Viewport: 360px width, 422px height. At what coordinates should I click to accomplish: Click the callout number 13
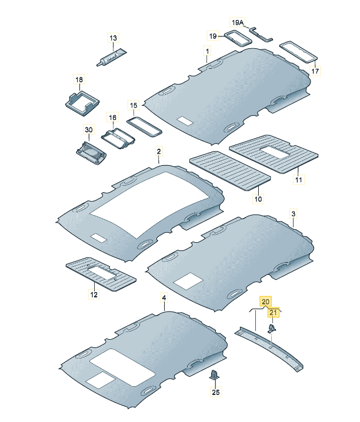pyautogui.click(x=114, y=38)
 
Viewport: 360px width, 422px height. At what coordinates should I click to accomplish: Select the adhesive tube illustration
pyautogui.click(x=111, y=58)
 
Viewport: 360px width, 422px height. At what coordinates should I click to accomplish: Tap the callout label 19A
pyautogui.click(x=237, y=22)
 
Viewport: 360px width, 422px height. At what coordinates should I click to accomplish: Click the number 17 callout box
pyautogui.click(x=315, y=71)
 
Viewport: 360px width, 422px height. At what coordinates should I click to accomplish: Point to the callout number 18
pyautogui.click(x=79, y=80)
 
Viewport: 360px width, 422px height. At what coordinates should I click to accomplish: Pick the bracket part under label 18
pyautogui.click(x=82, y=103)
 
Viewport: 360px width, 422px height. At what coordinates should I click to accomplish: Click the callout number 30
pyautogui.click(x=89, y=130)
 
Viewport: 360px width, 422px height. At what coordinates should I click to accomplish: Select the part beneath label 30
pyautogui.click(x=91, y=153)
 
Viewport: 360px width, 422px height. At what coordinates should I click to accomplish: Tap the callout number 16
pyautogui.click(x=112, y=118)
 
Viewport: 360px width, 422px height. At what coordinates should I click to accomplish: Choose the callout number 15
pyautogui.click(x=134, y=105)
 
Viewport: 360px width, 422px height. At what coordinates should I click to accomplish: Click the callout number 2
pyautogui.click(x=159, y=151)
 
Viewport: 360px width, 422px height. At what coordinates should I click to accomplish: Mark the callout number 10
pyautogui.click(x=258, y=199)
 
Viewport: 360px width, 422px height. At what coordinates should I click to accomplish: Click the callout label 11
pyautogui.click(x=299, y=179)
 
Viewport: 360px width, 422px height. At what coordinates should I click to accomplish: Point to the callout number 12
pyautogui.click(x=94, y=294)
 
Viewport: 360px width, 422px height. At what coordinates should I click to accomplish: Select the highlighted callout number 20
pyautogui.click(x=265, y=302)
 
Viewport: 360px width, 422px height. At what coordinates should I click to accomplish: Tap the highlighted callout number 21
pyautogui.click(x=274, y=313)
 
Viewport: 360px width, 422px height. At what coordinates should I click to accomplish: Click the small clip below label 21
pyautogui.click(x=272, y=329)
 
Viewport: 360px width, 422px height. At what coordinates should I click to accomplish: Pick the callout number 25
pyautogui.click(x=216, y=392)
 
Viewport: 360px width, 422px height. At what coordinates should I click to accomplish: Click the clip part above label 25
pyautogui.click(x=214, y=374)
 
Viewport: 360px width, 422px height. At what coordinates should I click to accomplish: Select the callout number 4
pyautogui.click(x=164, y=297)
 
